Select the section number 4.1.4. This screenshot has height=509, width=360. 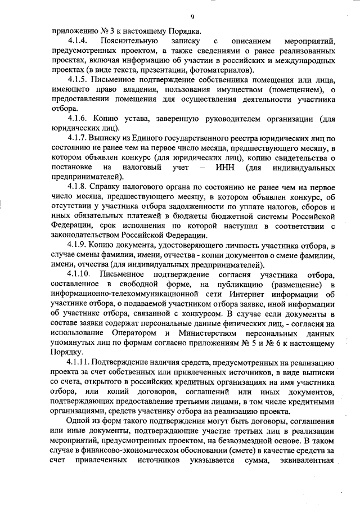[x=77, y=42]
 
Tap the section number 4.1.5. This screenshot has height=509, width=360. [x=78, y=80]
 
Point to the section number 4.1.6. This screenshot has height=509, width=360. [x=78, y=119]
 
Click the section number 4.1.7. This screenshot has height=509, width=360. [x=78, y=138]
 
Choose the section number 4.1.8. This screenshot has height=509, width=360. [x=78, y=187]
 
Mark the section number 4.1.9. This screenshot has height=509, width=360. [x=78, y=245]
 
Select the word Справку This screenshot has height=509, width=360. [x=111, y=187]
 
